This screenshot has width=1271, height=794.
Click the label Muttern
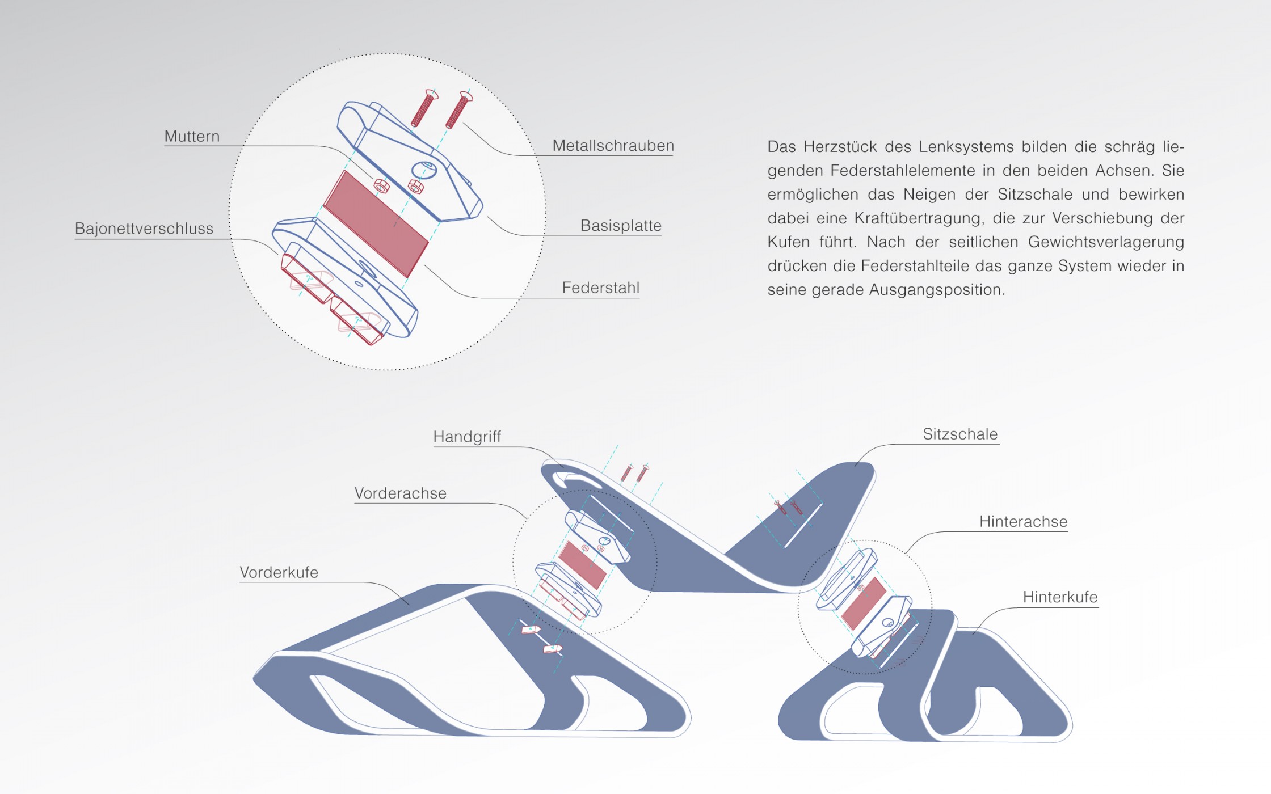pyautogui.click(x=192, y=137)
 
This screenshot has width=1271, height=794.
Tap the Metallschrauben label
pyautogui.click(x=613, y=146)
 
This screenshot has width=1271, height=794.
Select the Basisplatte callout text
pyautogui.click(x=621, y=226)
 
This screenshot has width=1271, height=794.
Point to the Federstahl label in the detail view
pyautogui.click(x=601, y=288)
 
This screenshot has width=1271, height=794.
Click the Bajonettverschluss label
pyautogui.click(x=144, y=229)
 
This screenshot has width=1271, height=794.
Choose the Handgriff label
pyautogui.click(x=467, y=437)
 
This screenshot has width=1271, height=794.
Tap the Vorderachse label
pyautogui.click(x=401, y=493)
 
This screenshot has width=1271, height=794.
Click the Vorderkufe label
pyautogui.click(x=279, y=572)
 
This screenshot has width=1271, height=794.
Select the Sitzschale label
pyautogui.click(x=960, y=434)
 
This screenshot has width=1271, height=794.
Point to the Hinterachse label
pyautogui.click(x=1024, y=522)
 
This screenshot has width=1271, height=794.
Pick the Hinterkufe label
pyautogui.click(x=1060, y=597)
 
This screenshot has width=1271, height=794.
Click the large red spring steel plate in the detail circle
pyautogui.click(x=376, y=223)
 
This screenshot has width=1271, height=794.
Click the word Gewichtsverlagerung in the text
pyautogui.click(x=1106, y=242)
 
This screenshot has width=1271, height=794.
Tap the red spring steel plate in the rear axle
pyautogui.click(x=864, y=603)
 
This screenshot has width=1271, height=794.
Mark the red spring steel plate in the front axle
pyautogui.click(x=582, y=565)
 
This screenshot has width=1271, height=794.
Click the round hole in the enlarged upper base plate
pyautogui.click(x=424, y=170)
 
